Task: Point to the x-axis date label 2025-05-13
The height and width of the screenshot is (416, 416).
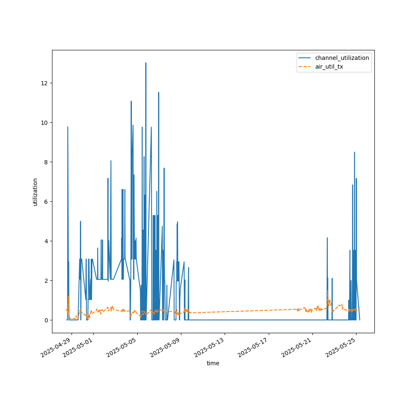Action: (x=210, y=348)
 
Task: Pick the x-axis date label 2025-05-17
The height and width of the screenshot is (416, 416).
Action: (x=254, y=348)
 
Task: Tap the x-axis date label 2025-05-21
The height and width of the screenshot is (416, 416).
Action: (x=298, y=348)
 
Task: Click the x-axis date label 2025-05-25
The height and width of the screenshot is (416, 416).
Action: (x=342, y=348)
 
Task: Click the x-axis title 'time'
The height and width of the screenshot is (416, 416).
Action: (x=213, y=363)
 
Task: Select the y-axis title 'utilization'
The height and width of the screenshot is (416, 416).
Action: (x=35, y=192)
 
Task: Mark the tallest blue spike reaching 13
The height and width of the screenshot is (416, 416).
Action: (x=146, y=64)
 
